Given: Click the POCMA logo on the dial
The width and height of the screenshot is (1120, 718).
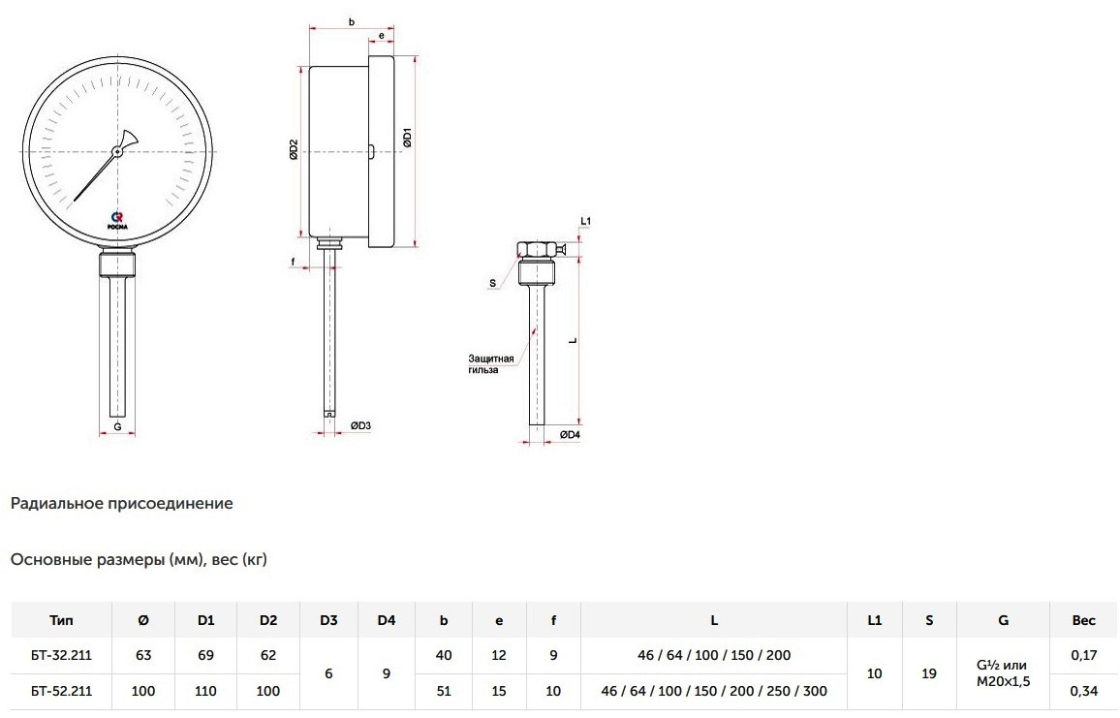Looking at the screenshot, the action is (x=118, y=220).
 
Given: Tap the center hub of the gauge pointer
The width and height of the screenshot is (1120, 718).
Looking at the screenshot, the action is (x=117, y=151).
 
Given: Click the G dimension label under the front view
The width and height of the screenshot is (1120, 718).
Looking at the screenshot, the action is (x=118, y=426).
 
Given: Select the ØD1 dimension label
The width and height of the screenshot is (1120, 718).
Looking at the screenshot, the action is (x=407, y=138).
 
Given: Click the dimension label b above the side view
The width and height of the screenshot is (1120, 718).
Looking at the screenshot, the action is (x=352, y=22).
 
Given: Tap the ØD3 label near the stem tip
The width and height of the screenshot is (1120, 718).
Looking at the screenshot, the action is (x=360, y=425).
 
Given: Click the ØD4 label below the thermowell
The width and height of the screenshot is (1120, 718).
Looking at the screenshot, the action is (x=570, y=434).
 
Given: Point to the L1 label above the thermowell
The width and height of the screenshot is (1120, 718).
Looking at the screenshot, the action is (x=586, y=221).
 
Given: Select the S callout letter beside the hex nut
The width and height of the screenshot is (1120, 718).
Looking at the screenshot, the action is (x=492, y=284).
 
